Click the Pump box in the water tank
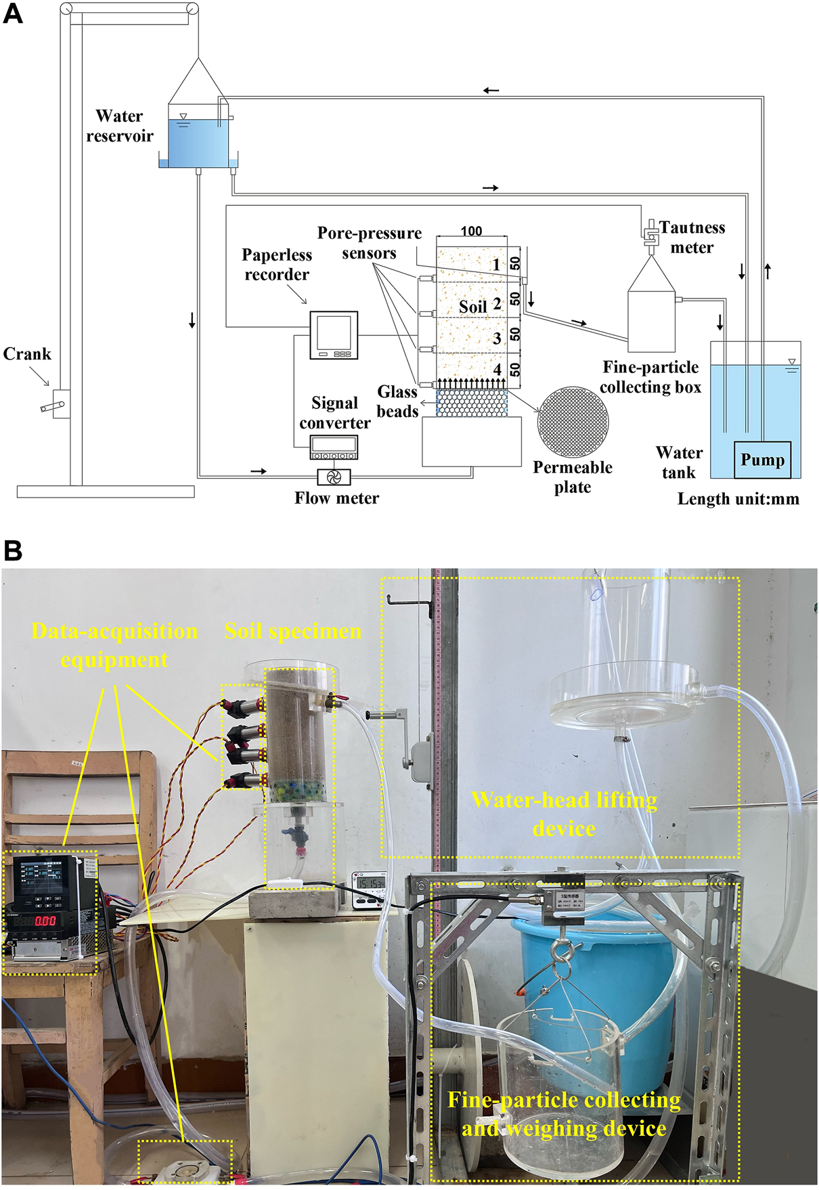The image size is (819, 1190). pos(762,460)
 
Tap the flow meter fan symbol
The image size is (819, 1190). pos(334,477)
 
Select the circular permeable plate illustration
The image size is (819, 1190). pos(573,422)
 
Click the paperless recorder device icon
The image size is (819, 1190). pos(334,334)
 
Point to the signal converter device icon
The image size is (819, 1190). pos(334,447)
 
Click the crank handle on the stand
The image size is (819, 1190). pos(54,406)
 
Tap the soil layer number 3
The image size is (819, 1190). pos(497,338)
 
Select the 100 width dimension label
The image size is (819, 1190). pos(471,231)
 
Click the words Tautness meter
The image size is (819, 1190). pos(692,238)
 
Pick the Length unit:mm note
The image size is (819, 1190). pos(738,500)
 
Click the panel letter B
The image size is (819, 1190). pos(13,550)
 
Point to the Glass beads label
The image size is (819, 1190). pos(397,401)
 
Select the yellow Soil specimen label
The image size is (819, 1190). pos(292,632)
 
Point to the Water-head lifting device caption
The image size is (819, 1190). pos(564,814)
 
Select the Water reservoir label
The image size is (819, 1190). pos(119,126)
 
